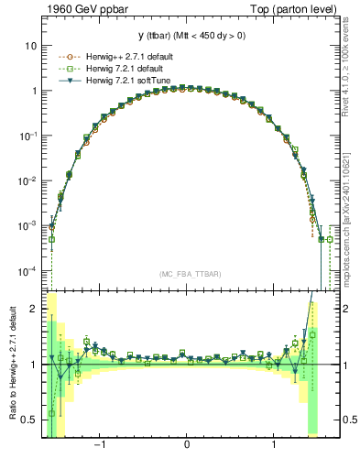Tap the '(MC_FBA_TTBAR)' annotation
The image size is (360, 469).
[187, 274]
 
